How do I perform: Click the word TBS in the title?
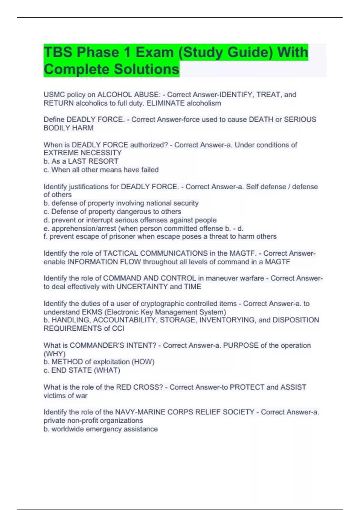click(58, 52)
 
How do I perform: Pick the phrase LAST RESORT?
click(93, 161)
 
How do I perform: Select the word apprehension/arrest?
click(84, 228)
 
